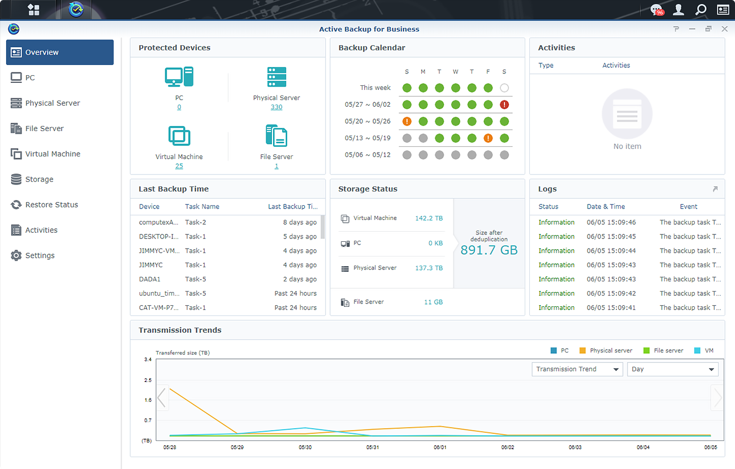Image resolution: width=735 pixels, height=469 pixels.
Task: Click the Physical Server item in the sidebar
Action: [x=52, y=103]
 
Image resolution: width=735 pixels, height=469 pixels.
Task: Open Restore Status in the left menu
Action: [x=51, y=205]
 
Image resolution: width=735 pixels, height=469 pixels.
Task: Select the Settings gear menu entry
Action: [x=40, y=255]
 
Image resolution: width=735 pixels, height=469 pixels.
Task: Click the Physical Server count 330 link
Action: [x=276, y=107]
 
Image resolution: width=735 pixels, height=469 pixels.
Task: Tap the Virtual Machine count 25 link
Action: [x=179, y=166]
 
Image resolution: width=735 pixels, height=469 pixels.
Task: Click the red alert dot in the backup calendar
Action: [x=504, y=105]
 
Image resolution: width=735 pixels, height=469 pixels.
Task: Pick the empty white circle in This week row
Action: [x=504, y=88]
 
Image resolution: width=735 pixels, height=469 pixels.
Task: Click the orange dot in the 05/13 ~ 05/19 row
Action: [x=488, y=138]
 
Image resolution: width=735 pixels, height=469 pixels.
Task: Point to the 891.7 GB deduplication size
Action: [x=489, y=250]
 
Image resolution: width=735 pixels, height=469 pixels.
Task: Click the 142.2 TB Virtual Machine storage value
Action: [x=429, y=218]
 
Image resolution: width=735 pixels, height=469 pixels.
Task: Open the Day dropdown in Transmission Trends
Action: [x=672, y=369]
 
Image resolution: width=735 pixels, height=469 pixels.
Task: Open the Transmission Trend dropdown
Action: [x=577, y=369]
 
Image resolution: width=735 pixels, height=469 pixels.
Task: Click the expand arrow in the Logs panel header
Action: [x=715, y=189]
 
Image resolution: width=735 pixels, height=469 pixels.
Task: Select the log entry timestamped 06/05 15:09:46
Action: [x=611, y=222]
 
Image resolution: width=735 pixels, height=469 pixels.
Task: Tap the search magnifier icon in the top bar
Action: [x=701, y=10]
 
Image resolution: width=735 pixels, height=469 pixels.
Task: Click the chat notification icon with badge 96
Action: [x=656, y=10]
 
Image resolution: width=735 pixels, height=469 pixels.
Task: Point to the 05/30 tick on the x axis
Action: [x=305, y=447]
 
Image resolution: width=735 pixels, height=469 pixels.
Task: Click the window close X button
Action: [x=724, y=29]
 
